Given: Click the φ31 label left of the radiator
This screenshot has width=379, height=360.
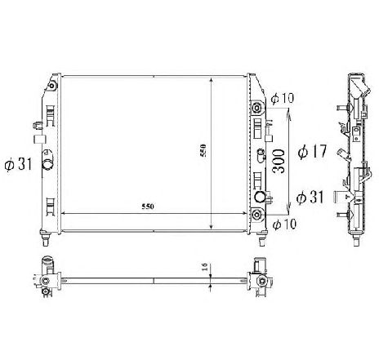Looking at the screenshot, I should point(17,165).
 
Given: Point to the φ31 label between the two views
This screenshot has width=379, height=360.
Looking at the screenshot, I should point(310,197).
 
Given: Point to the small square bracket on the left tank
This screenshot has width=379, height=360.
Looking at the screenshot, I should point(38,126).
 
